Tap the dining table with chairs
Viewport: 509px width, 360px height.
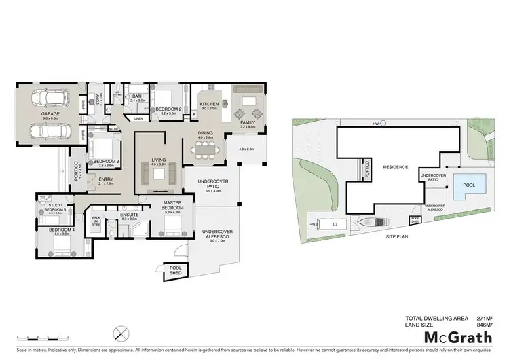pos(205,151)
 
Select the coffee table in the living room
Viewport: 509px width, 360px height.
pos(158,174)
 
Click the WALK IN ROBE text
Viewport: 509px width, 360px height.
pos(95,221)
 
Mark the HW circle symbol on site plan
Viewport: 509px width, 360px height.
pos(383,123)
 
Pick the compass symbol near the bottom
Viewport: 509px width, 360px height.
pos(121,333)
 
